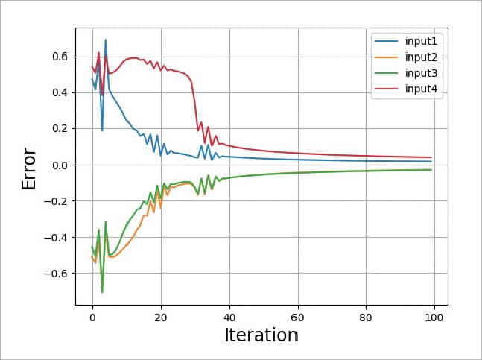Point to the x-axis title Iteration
[261, 335]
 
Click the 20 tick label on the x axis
[161, 316]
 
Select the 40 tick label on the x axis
[229, 316]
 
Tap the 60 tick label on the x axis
[298, 316]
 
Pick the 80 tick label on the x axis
[367, 316]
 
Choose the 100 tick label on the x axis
[435, 316]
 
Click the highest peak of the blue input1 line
[106, 40]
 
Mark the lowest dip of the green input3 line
[102, 292]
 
